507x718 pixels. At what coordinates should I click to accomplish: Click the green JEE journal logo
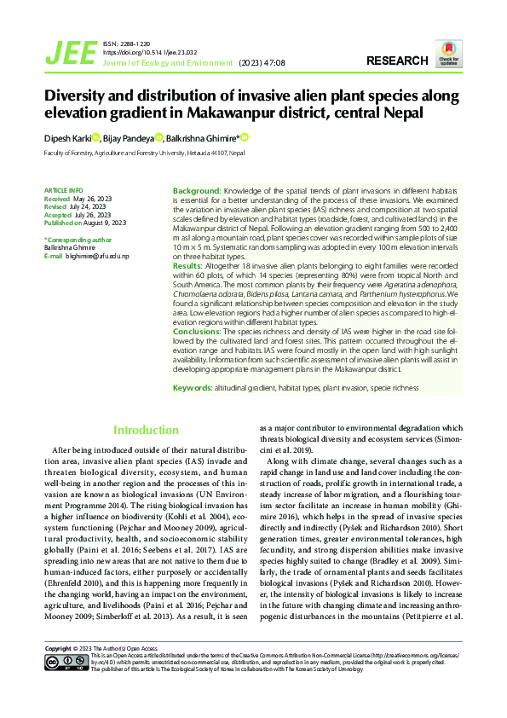[71, 53]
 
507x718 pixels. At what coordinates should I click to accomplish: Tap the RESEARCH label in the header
[397, 61]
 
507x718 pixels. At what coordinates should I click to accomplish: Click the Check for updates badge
[448, 54]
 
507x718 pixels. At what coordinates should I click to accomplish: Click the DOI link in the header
[144, 52]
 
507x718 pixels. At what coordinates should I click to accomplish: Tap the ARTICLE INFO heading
[63, 189]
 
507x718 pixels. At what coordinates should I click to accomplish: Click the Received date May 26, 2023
[95, 198]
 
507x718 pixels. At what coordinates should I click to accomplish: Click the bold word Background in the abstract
[197, 189]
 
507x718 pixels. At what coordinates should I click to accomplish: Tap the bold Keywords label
[192, 388]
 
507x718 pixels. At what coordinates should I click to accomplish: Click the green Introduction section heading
[146, 431]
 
